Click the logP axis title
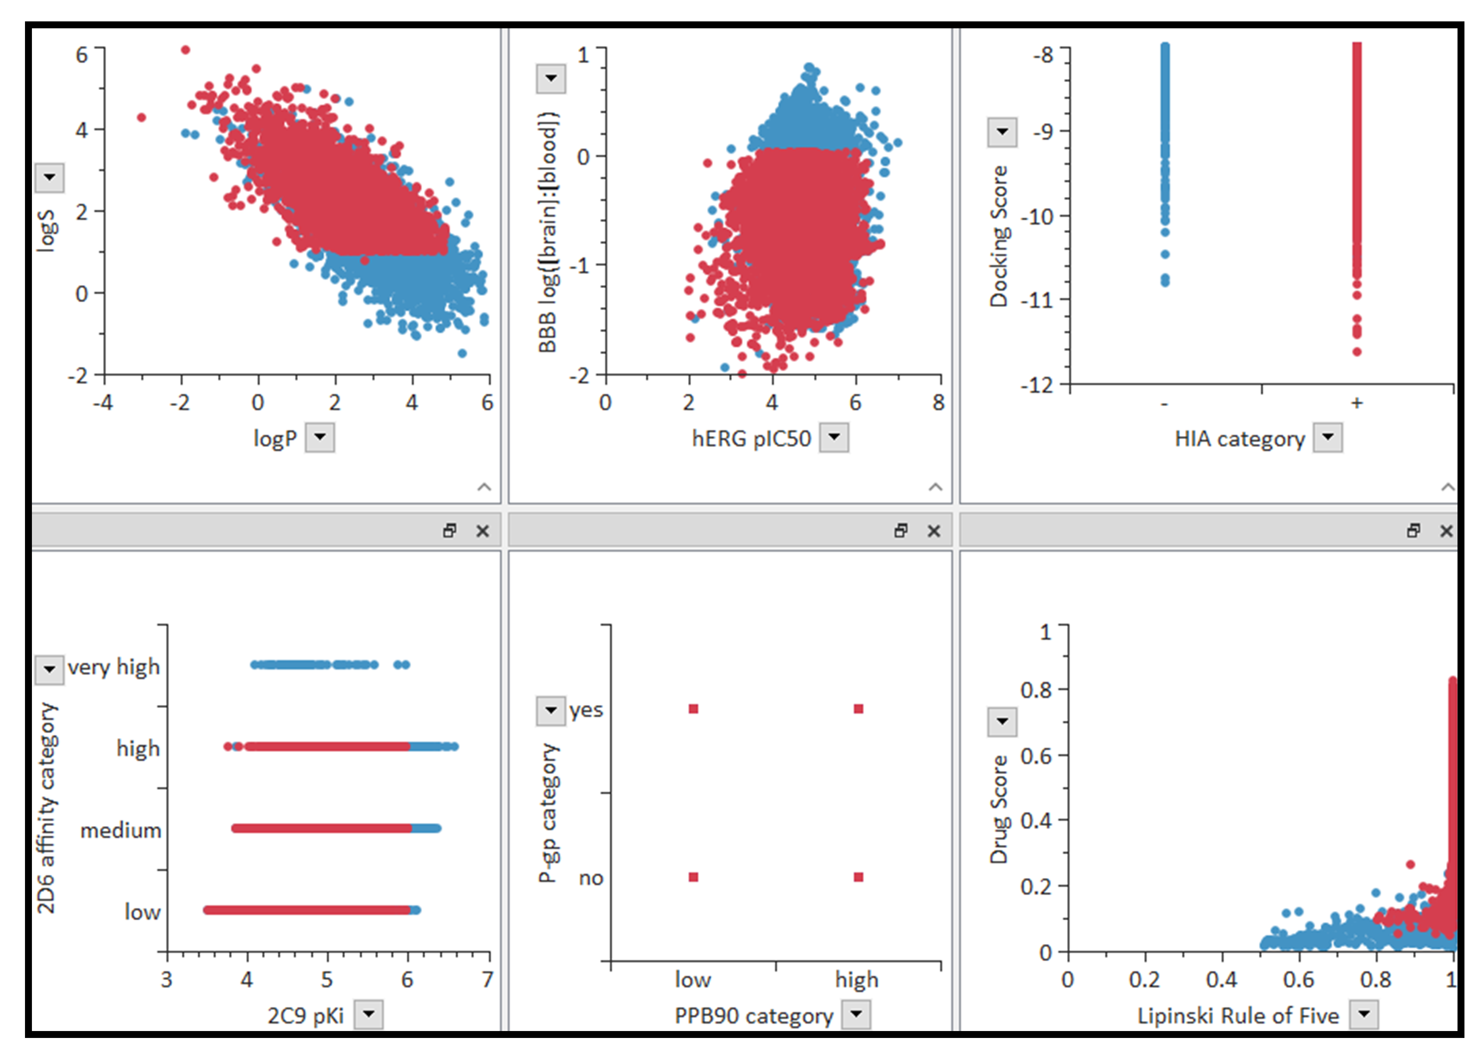pos(275,439)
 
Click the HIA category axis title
pos(1239,439)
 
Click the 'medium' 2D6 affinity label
pos(120,830)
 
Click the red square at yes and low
pos(693,709)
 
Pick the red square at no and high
pos(858,877)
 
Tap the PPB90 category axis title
pos(753,1016)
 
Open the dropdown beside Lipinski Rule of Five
pos(1364,1014)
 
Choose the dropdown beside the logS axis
pos(49,177)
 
